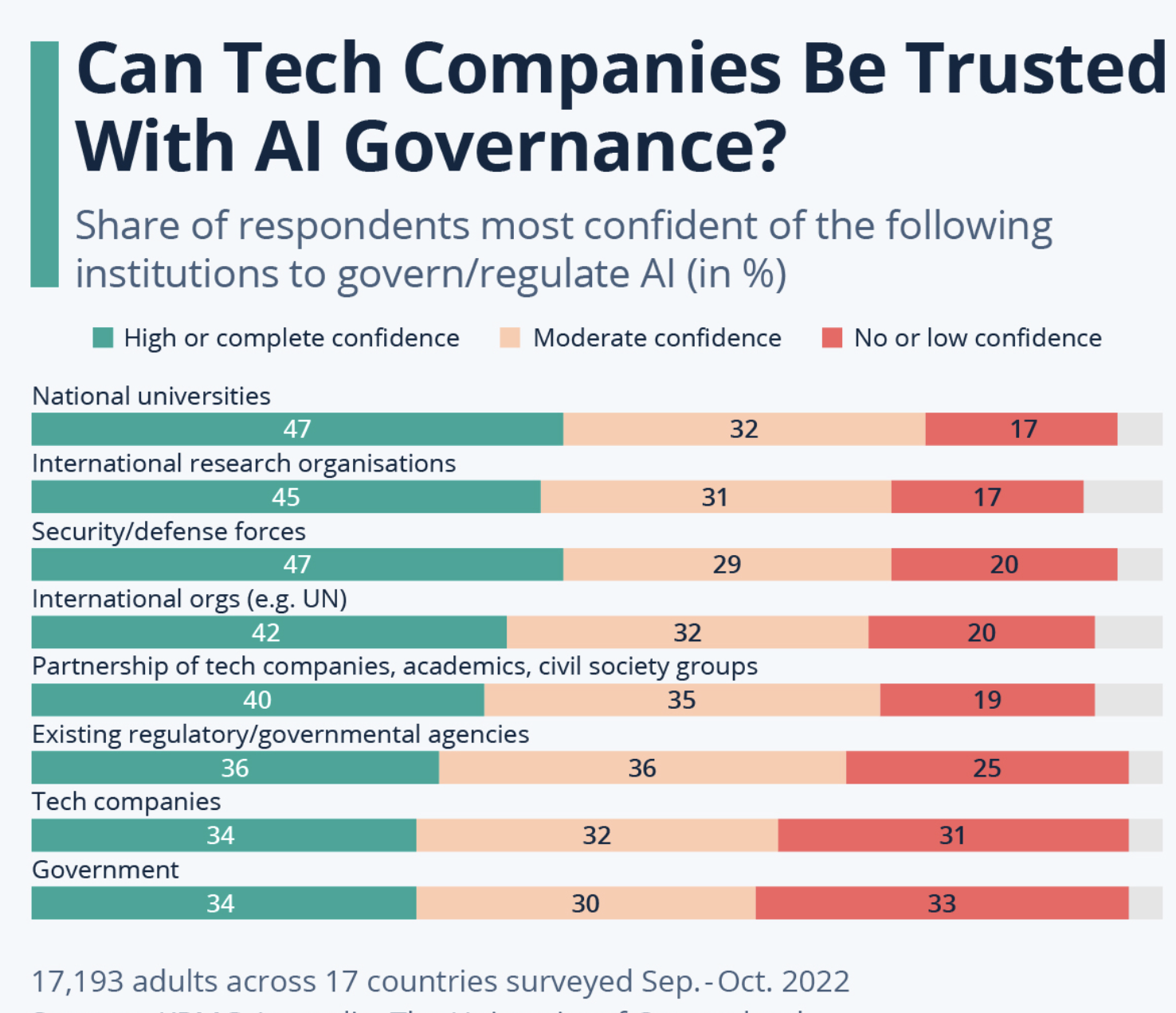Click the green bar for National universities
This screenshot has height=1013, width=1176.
click(x=297, y=429)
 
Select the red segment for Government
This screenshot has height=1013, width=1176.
click(x=942, y=903)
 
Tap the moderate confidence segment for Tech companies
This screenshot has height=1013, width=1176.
click(x=597, y=835)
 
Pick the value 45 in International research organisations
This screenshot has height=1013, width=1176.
click(x=286, y=497)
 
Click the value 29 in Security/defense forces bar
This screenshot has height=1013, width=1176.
click(x=727, y=565)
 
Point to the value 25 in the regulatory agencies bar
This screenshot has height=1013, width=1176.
click(x=986, y=768)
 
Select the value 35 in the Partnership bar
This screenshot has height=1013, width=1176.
click(x=681, y=700)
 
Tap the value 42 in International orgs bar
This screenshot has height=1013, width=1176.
click(x=266, y=632)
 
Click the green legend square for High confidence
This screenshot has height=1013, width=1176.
click(x=103, y=338)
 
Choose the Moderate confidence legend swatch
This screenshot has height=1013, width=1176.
click(x=510, y=338)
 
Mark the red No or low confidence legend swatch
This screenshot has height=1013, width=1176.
click(x=832, y=338)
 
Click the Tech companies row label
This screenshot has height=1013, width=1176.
click(x=126, y=801)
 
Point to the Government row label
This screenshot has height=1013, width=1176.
click(x=105, y=869)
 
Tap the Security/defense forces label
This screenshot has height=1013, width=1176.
click(x=168, y=531)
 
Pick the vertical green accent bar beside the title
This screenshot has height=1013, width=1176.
click(x=45, y=164)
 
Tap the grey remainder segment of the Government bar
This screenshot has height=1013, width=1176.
click(x=1146, y=903)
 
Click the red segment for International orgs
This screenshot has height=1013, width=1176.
click(x=981, y=632)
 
